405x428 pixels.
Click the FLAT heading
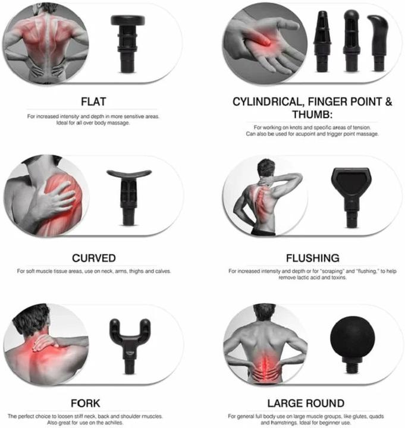pos(93,102)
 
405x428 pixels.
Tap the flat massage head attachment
pos(127,43)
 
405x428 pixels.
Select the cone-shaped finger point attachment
pos(322,42)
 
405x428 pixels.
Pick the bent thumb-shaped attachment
pos(378,43)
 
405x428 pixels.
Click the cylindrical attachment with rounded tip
pos(351,41)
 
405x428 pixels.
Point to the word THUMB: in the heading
pos(312,114)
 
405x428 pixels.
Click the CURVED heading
pos(94,258)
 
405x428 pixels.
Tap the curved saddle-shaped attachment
pos(129,197)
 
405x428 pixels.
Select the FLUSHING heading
pos(313,258)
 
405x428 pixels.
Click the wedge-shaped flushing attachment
pos(351,197)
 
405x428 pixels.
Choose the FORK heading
pos(86,404)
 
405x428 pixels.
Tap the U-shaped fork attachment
pos(130,346)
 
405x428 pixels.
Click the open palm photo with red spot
pos(265,43)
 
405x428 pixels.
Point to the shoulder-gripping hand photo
pos(46,196)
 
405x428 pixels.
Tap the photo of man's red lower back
pos(265,344)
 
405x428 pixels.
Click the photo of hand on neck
pos(46,344)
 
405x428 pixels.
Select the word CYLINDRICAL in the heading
pos(268,102)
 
